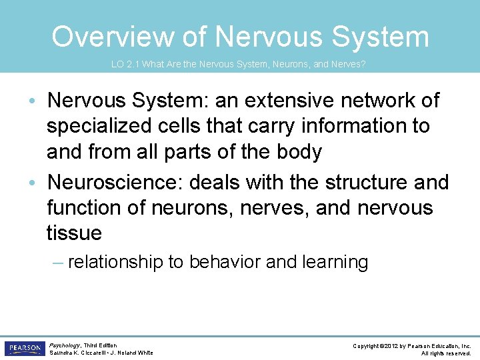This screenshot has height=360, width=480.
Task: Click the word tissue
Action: click(x=74, y=233)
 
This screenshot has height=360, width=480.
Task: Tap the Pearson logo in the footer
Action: click(x=24, y=349)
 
